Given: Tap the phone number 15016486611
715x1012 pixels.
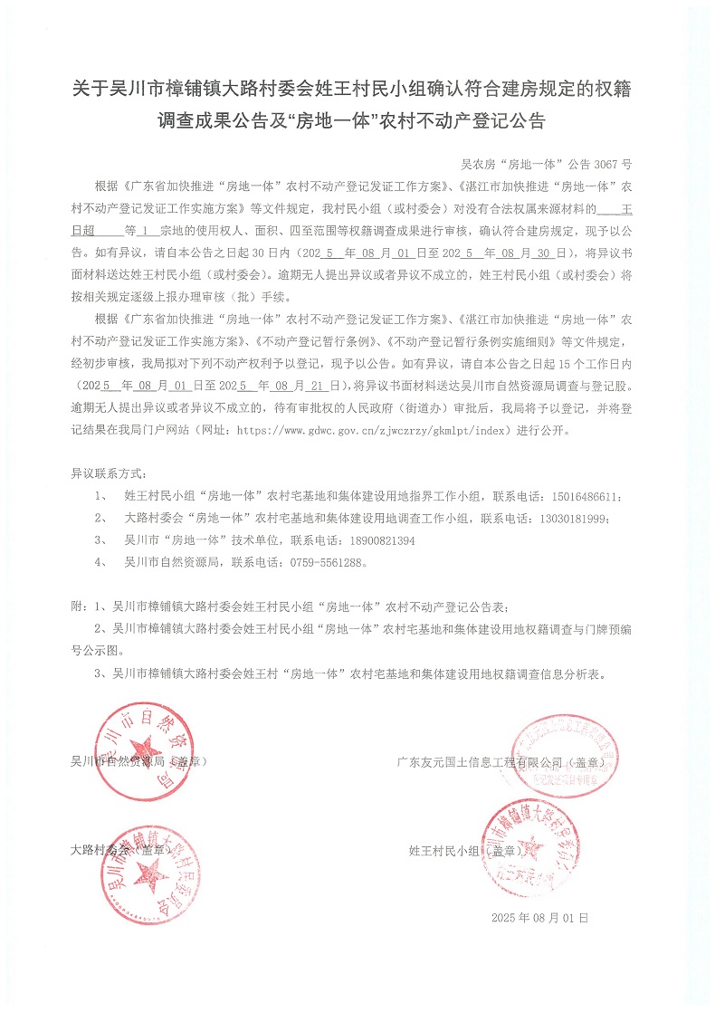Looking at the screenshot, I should (x=584, y=497).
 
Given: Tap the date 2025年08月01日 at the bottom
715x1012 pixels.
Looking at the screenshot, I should (x=539, y=918).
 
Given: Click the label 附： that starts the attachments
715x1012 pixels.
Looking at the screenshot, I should (x=81, y=606).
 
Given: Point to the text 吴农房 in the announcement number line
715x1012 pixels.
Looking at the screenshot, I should (x=477, y=165).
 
